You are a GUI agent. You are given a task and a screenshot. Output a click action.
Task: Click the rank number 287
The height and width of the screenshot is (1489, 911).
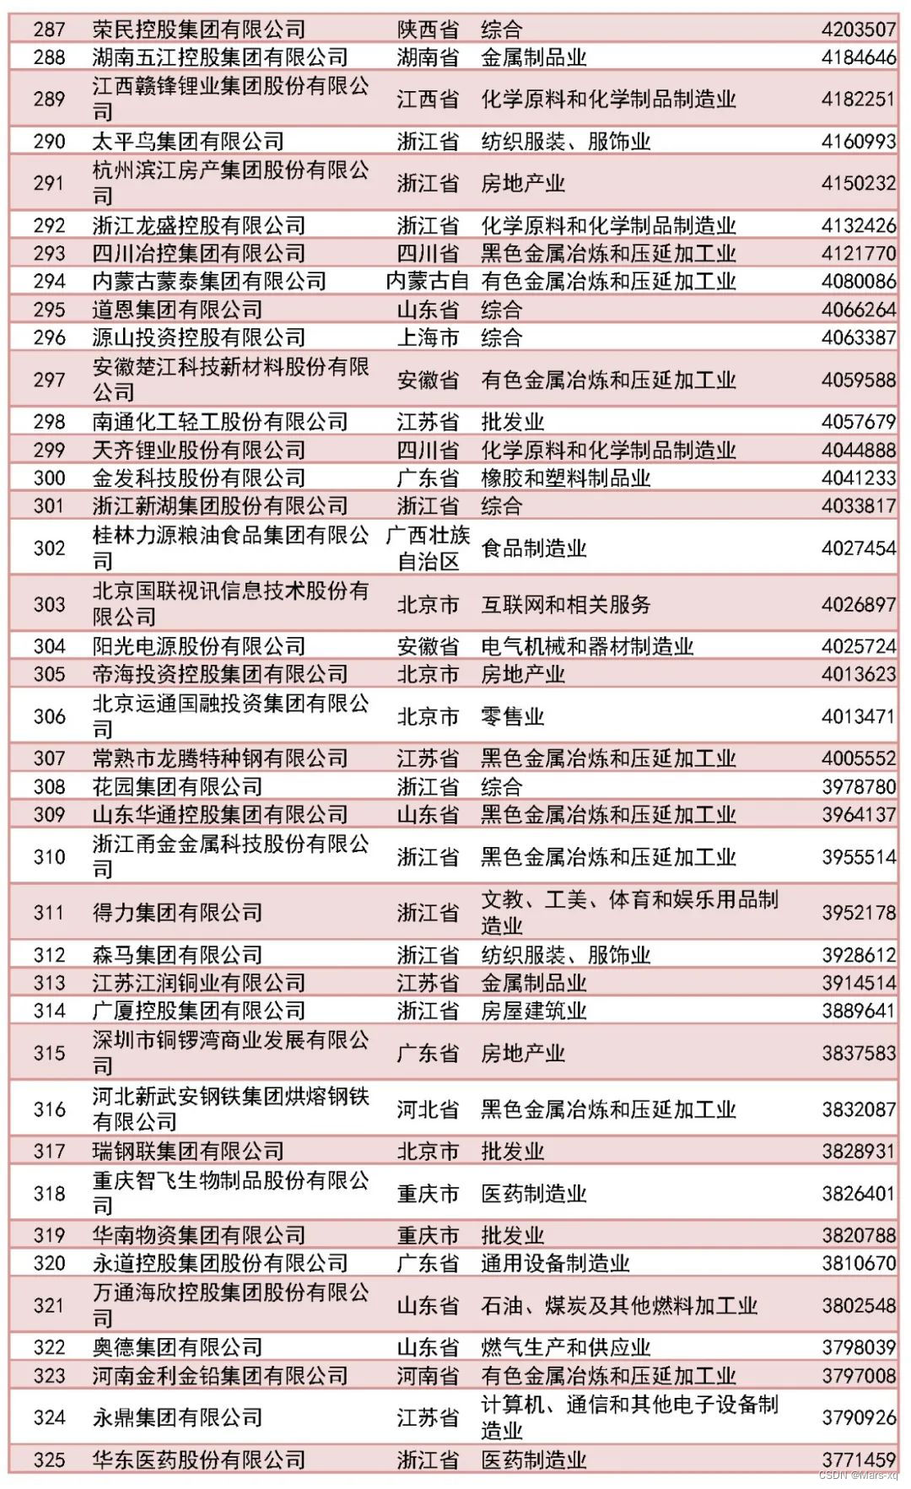pos(49,30)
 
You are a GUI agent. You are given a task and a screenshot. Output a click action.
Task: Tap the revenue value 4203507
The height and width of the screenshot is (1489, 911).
pos(858,30)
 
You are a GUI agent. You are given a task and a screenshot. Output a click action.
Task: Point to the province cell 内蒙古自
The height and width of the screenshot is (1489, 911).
pos(427,281)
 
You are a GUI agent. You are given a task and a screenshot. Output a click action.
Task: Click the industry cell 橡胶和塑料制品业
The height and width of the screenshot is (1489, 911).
pos(565,478)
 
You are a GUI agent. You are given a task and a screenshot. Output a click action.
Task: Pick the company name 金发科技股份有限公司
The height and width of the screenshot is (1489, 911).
pos(198,478)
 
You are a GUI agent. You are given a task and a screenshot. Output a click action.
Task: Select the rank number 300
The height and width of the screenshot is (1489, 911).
pos(49,478)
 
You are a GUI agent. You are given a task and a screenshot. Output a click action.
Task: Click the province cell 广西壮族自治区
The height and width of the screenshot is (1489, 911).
pos(427,548)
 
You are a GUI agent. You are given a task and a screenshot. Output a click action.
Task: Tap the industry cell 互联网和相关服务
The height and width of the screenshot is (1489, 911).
pos(565,604)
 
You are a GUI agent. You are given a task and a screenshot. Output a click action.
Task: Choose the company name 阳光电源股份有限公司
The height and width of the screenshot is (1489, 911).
pos(198,646)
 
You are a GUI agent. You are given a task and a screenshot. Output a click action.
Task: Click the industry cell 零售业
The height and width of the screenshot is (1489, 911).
pos(512,716)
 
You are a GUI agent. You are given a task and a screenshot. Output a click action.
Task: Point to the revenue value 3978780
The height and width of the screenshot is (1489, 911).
pos(858,786)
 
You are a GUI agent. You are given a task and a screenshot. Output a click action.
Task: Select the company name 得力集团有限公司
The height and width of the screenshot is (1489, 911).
pos(177,912)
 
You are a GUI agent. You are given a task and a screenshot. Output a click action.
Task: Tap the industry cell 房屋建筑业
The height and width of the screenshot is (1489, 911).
pos(533,1011)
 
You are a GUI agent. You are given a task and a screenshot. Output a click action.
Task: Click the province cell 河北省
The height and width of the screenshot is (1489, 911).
pos(427,1109)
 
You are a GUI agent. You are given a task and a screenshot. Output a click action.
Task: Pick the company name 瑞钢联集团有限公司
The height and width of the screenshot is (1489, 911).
pos(187,1151)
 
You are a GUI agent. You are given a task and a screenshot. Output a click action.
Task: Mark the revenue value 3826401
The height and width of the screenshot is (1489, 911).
pos(858,1193)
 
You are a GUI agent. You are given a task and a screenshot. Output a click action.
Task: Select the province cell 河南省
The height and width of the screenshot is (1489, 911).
pos(427,1376)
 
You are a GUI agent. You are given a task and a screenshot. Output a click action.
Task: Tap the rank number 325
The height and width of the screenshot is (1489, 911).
pos(49,1460)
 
